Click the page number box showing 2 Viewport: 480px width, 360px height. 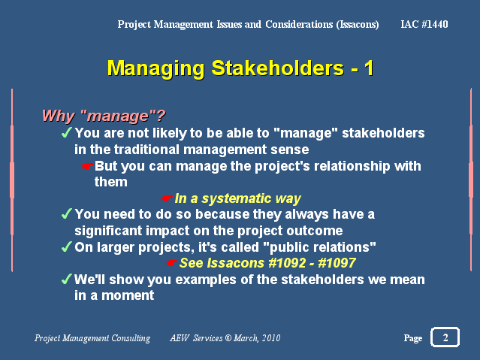pos(445,337)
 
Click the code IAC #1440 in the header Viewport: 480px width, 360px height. pos(424,24)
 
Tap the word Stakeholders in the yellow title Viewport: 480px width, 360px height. pos(278,68)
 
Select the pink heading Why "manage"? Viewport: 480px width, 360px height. pos(104,116)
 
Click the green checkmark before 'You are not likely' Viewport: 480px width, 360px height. pos(66,133)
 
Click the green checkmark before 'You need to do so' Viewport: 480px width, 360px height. pos(66,213)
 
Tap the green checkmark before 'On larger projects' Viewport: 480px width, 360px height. pos(66,247)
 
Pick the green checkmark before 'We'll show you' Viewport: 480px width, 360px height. pos(66,279)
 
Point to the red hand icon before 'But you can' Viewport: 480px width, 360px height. pos(87,166)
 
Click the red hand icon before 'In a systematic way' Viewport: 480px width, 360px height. pos(166,198)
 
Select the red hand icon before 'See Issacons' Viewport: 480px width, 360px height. pos(171,263)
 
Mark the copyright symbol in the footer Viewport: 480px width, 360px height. pos(228,338)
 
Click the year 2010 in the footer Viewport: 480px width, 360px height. pos(271,338)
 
